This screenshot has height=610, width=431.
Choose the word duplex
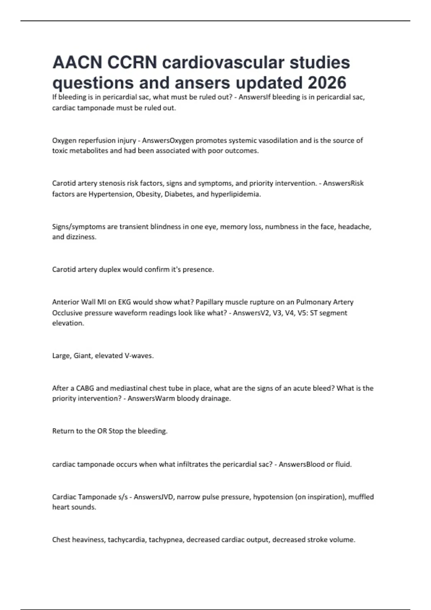pos(110,269)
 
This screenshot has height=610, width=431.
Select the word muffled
pos(361,497)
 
